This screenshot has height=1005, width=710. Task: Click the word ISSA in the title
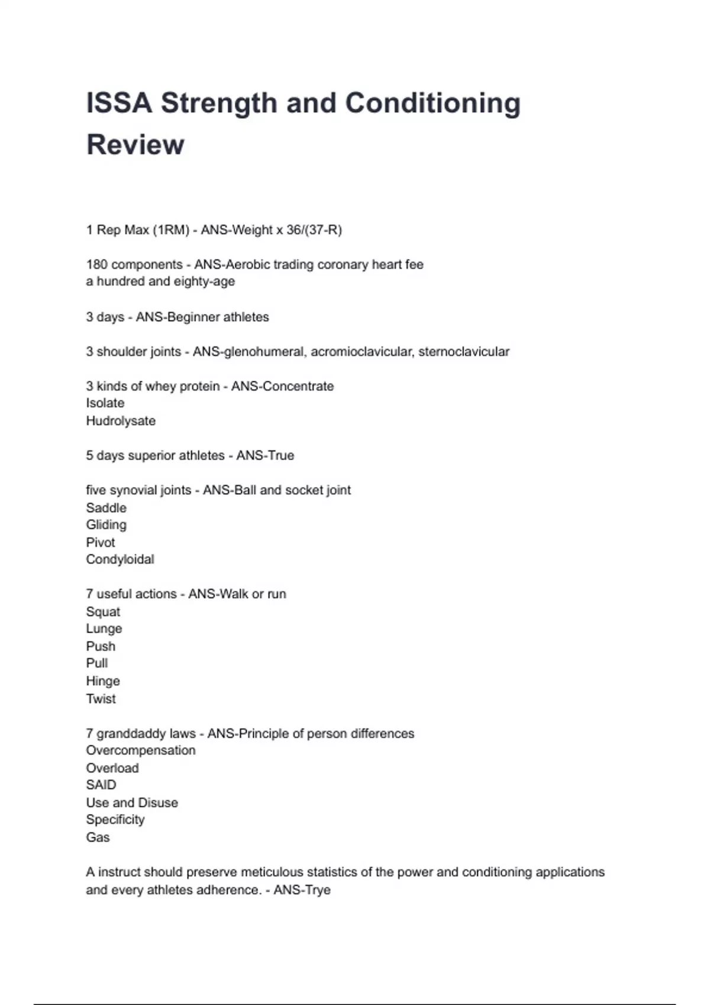[x=119, y=103]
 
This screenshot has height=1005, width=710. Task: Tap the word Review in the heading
[x=135, y=144]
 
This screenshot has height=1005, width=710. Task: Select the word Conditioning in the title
[x=433, y=103]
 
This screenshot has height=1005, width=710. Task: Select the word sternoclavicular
[x=464, y=352]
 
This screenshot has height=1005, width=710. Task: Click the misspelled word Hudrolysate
[x=121, y=421]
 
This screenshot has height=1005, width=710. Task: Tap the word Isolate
[x=105, y=403]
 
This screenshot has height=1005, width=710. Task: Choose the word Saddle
[x=106, y=508]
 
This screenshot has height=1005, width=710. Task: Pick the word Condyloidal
[x=120, y=559]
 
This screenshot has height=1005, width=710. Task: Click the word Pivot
[x=101, y=542]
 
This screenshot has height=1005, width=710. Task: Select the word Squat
[x=103, y=612]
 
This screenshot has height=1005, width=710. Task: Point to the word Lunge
[x=104, y=629]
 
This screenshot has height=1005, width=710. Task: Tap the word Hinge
[x=103, y=681]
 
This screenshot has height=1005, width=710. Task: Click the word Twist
[x=101, y=699]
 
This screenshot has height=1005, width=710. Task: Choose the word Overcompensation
[x=141, y=750]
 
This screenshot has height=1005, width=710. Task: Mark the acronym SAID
[x=101, y=785]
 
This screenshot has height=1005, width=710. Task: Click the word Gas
[x=98, y=837]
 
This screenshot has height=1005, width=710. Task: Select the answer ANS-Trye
[x=302, y=890]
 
